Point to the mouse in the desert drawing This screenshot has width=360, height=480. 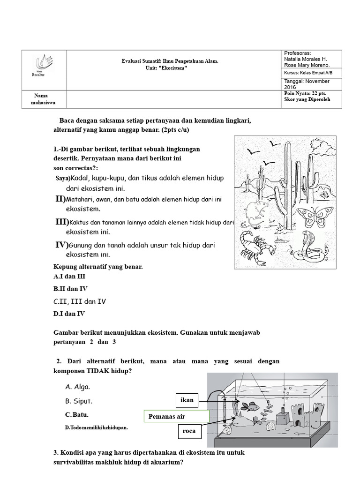point(256,210)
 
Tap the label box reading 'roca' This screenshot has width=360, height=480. point(190,432)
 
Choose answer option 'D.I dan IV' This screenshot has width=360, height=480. point(69,314)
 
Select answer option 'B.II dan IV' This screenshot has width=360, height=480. point(70,289)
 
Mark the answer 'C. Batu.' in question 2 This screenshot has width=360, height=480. point(77,415)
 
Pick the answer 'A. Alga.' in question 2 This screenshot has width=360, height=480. point(77,387)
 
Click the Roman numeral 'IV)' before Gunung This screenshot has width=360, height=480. point(62,245)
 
